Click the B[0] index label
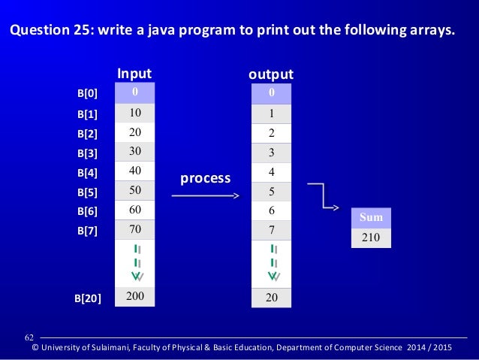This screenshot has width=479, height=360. (x=88, y=95)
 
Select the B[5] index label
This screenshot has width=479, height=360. (x=88, y=192)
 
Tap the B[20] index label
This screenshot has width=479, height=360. (x=88, y=298)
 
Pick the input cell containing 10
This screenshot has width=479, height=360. (x=135, y=113)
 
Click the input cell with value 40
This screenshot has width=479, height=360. (x=135, y=171)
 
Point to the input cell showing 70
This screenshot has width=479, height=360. (x=135, y=228)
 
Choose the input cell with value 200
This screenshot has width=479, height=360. (x=135, y=296)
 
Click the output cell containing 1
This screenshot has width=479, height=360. (x=271, y=113)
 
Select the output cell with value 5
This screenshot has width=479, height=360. (x=271, y=191)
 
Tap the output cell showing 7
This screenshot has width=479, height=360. (x=271, y=229)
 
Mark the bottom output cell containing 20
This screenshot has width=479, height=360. (x=271, y=298)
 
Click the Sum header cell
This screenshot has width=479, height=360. (x=372, y=218)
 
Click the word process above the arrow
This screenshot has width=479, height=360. (x=205, y=178)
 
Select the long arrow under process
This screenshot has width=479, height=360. (x=205, y=196)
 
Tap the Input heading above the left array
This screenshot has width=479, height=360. (x=134, y=74)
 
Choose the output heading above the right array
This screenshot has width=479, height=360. (x=270, y=74)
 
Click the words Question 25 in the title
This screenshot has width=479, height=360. (x=50, y=32)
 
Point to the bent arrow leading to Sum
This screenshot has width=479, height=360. (x=326, y=197)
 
